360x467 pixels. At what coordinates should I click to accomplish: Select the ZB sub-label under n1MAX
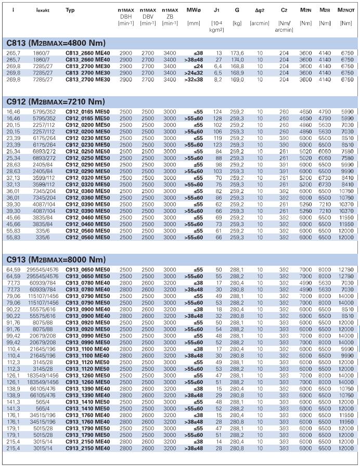click(x=170, y=17)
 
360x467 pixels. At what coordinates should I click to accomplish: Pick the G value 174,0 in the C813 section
click(x=238, y=60)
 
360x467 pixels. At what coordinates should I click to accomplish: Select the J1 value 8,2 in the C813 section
click(x=218, y=79)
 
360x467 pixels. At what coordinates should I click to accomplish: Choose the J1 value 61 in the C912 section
click(x=218, y=230)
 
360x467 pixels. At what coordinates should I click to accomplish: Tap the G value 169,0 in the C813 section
click(x=238, y=79)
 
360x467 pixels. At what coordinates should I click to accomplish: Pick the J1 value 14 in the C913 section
click(x=218, y=442)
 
